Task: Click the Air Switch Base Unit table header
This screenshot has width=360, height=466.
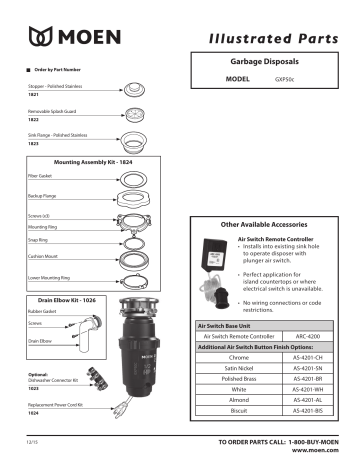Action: pos(225,324)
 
